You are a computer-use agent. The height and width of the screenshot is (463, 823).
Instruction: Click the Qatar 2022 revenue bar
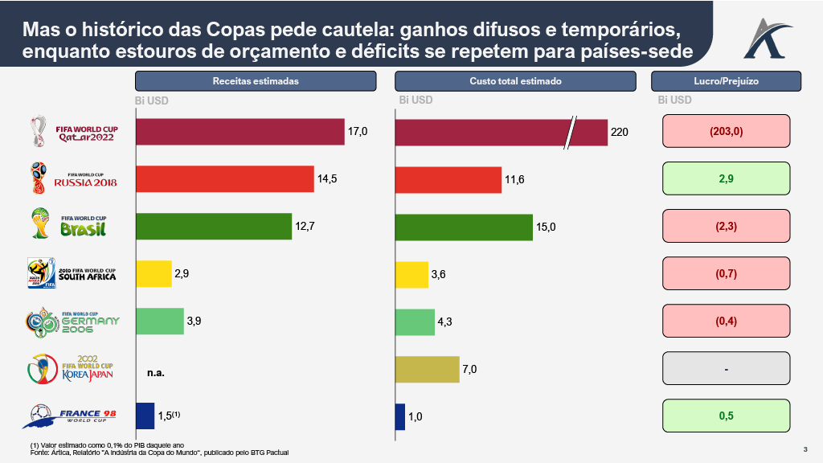point(240,132)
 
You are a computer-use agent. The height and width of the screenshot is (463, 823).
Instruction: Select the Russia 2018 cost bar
point(448,179)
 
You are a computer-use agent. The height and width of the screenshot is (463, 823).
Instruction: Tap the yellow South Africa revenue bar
point(154,274)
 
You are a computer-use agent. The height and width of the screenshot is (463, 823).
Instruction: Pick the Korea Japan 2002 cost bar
point(428,369)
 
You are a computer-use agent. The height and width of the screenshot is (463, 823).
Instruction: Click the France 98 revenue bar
point(145,416)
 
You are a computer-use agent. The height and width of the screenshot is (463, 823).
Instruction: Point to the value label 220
point(620,132)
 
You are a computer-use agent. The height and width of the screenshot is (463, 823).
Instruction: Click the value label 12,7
point(305,227)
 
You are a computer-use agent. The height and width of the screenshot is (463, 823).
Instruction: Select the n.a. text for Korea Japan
point(156,373)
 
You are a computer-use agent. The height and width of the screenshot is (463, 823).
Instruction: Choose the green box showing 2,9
point(726,178)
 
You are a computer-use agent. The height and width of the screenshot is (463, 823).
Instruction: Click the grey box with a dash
point(726,369)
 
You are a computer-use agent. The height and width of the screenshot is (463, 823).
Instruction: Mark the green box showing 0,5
point(726,416)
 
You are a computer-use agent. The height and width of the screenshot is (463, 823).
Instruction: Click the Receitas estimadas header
point(256,81)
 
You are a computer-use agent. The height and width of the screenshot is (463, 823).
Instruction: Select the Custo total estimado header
point(515,81)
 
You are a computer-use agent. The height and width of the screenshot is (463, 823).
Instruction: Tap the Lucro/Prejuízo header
point(726,81)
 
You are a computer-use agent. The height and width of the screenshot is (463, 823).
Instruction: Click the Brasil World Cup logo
point(73,225)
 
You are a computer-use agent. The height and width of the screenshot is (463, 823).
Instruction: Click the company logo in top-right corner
point(767,36)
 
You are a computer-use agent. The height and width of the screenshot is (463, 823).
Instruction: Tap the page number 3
point(805,449)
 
